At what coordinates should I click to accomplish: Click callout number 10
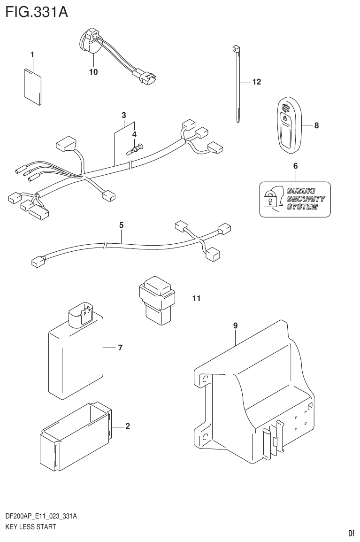point(93,72)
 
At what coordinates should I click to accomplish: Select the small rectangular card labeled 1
point(33,84)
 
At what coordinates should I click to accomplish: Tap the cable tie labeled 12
point(237,85)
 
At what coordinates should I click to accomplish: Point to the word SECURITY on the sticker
point(305,199)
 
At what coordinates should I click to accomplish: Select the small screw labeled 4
point(135,150)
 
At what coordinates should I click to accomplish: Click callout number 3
point(124,115)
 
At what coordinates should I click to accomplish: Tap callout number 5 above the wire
point(121,225)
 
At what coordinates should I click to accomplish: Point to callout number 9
point(235,325)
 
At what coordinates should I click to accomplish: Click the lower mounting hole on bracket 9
point(205,437)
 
